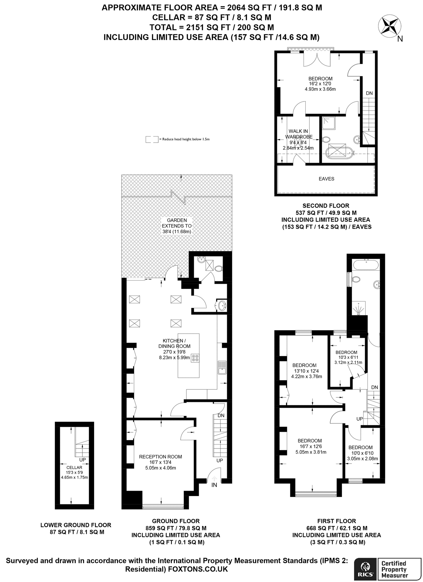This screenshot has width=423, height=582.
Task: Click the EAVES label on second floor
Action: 326,179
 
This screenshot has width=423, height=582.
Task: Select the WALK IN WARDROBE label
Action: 298,134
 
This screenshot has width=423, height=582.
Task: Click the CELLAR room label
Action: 74,468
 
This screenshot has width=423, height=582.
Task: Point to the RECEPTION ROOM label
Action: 160,457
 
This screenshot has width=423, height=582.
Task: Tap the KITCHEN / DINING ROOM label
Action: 174,343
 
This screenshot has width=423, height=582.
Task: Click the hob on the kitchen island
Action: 195,358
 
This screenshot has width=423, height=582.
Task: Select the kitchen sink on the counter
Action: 222,367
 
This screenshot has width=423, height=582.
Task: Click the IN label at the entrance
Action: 214,485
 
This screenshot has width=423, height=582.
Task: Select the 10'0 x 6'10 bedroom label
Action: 360,447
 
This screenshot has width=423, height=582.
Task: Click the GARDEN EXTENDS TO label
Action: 177,223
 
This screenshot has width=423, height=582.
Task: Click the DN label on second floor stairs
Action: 369,93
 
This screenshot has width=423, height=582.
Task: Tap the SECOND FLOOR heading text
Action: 326,206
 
